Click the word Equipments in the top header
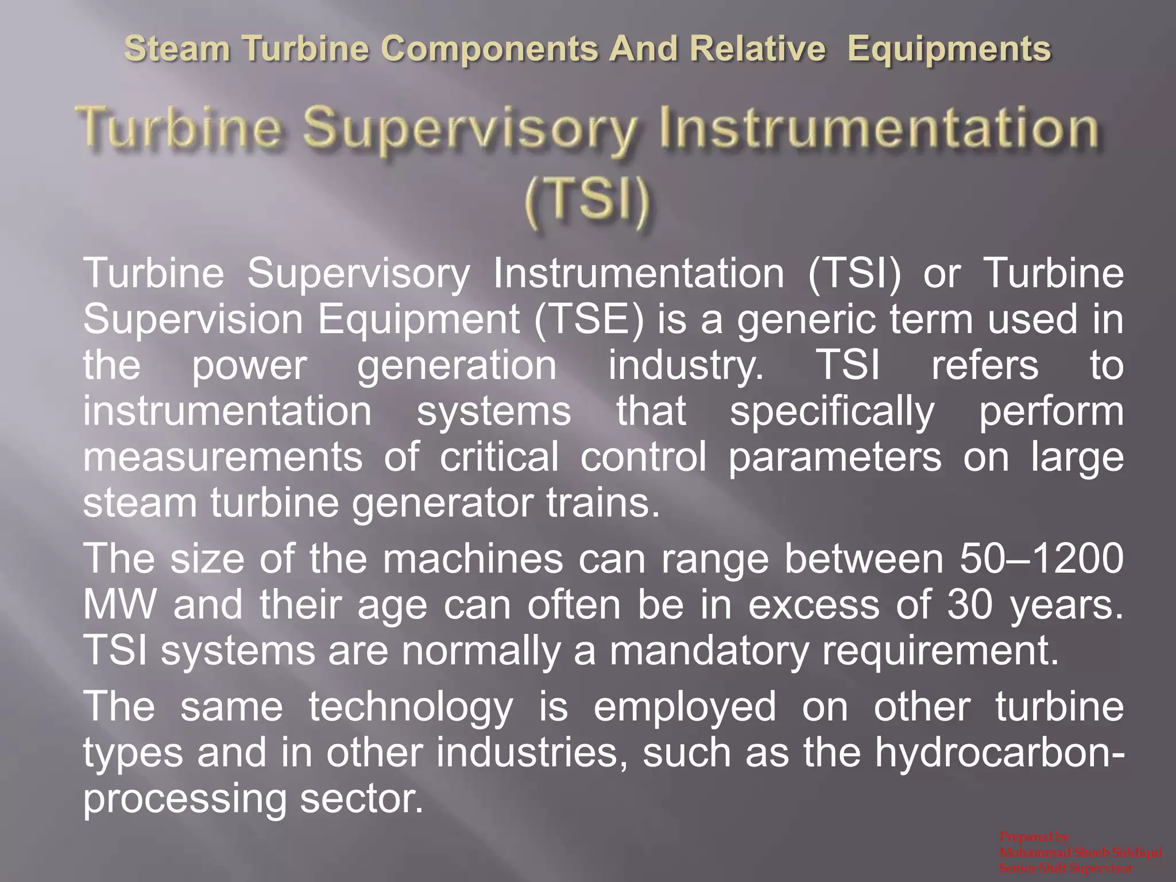(949, 49)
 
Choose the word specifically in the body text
(832, 412)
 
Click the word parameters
(835, 458)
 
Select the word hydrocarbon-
(999, 753)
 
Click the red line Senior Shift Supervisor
(1066, 868)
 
